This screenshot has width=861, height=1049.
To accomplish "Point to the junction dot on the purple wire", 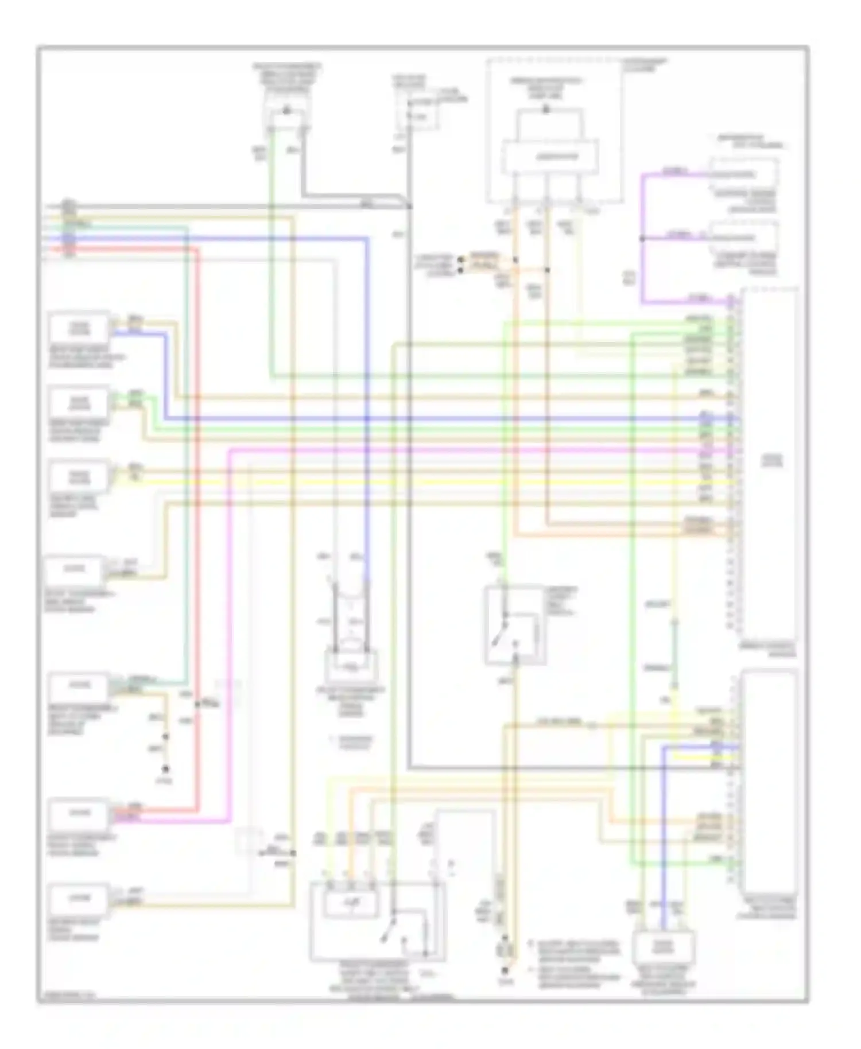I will click(x=642, y=238).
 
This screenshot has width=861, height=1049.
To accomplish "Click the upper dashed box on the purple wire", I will click(x=743, y=173).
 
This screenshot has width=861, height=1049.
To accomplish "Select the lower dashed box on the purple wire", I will click(x=743, y=238).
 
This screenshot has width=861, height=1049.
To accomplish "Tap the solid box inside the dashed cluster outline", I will click(x=550, y=156).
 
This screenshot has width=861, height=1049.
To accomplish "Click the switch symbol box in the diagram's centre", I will click(x=514, y=625).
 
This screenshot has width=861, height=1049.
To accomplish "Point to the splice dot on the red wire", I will click(x=198, y=704).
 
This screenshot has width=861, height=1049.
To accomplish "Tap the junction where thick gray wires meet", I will click(x=410, y=205).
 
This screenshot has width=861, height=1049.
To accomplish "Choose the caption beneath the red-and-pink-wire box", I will click(x=80, y=846).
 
